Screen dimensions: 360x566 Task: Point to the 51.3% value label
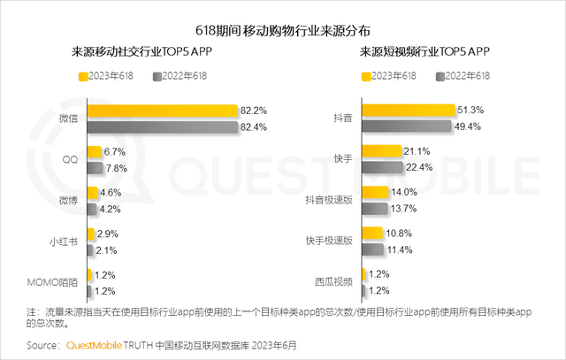(470, 111)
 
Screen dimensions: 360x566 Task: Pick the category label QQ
(71, 159)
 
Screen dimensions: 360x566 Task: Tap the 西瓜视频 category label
(333, 282)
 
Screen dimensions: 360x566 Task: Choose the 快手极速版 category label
(329, 241)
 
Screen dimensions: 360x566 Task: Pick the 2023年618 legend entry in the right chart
(389, 76)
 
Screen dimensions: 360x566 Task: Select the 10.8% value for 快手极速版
(399, 234)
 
